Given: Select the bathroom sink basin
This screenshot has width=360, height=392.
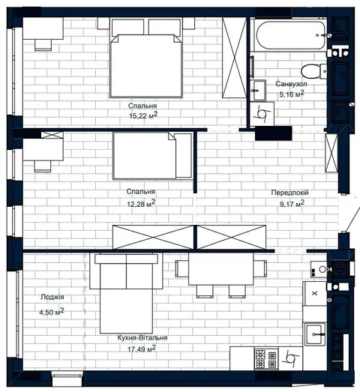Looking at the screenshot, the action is click(258, 90).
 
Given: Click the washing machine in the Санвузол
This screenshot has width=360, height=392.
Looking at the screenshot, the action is click(262, 114).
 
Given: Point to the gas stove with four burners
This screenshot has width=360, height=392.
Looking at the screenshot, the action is click(266, 358).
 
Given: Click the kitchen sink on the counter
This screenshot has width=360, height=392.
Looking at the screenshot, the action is click(315, 334).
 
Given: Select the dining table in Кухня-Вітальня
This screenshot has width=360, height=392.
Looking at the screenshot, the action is click(221, 269).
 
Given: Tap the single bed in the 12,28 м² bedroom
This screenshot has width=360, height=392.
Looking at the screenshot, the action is click(152, 156).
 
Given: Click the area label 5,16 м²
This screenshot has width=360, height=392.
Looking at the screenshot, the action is click(292, 94).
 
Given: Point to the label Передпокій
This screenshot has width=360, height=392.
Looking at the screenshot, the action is click(289, 193).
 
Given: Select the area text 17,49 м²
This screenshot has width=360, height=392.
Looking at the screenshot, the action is click(142, 349).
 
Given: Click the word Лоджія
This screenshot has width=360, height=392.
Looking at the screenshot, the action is click(52, 297).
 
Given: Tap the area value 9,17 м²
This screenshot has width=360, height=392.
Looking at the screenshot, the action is click(292, 204).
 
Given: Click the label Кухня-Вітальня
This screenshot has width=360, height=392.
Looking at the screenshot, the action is click(142, 338).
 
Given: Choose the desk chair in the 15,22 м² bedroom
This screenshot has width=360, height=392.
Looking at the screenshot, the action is click(43, 45).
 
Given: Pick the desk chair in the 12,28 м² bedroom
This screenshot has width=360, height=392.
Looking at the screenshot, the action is click(43, 166).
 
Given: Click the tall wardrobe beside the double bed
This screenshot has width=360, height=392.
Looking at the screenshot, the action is click(235, 58).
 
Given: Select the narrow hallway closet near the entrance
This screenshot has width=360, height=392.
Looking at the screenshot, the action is click(331, 153).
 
